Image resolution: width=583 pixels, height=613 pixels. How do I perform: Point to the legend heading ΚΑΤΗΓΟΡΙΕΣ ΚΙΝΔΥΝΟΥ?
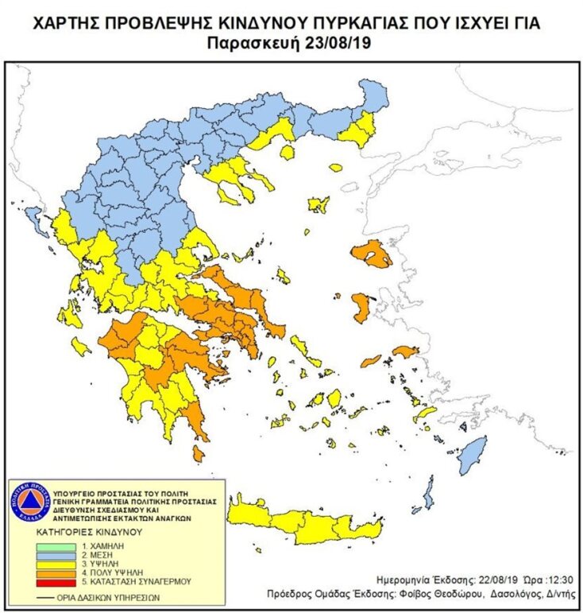pos(77,531)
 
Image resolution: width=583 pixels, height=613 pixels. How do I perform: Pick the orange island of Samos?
pos(404,351)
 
